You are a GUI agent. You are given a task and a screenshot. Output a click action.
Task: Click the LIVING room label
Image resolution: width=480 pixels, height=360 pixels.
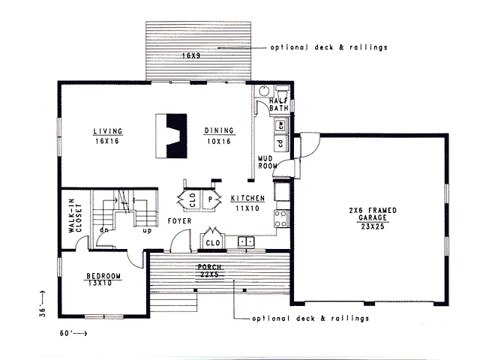point(108,131)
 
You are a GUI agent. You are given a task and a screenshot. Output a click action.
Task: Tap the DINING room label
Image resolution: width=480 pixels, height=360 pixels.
point(219,130)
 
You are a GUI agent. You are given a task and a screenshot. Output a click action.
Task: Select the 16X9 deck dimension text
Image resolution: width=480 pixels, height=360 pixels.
point(191,55)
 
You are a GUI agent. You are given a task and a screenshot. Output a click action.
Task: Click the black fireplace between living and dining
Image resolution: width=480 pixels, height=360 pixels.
point(177,136)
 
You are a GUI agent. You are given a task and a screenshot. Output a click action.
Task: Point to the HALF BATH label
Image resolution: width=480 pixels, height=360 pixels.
point(279,104)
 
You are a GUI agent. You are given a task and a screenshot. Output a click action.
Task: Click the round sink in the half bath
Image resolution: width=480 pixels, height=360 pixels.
point(264,91)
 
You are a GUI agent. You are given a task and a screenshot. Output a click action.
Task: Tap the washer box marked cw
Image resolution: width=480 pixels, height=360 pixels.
point(281,125)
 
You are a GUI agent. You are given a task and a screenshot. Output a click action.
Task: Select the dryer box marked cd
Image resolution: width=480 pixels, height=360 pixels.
point(280,143)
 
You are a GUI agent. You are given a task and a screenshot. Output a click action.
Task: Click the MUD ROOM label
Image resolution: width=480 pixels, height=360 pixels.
point(267,162)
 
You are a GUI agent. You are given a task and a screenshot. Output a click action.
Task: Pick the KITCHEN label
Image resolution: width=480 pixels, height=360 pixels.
point(247,198)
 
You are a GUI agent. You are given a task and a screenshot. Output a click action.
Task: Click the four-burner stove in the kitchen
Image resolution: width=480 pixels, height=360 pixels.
point(282,218)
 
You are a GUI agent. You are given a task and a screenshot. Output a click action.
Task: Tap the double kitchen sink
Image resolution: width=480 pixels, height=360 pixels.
point(246,241)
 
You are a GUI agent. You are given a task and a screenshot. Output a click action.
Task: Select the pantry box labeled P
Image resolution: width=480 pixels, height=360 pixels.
point(211,199)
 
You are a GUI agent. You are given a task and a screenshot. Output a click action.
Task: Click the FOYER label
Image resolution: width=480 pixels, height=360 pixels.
point(180,221)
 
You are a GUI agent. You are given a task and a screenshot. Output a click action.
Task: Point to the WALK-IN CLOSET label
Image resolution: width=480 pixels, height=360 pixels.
point(75,216)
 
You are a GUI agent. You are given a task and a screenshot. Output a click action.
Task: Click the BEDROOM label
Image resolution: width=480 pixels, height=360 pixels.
point(103,276)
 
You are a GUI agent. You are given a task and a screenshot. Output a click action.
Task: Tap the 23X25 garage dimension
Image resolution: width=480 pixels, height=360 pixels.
point(373,226)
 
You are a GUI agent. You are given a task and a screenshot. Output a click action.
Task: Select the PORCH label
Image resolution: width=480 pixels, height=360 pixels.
point(210,267)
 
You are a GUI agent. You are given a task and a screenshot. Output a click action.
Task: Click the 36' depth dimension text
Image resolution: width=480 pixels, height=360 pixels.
point(43,312)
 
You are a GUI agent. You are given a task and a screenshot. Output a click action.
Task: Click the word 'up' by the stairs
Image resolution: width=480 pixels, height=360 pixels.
point(147,230)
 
